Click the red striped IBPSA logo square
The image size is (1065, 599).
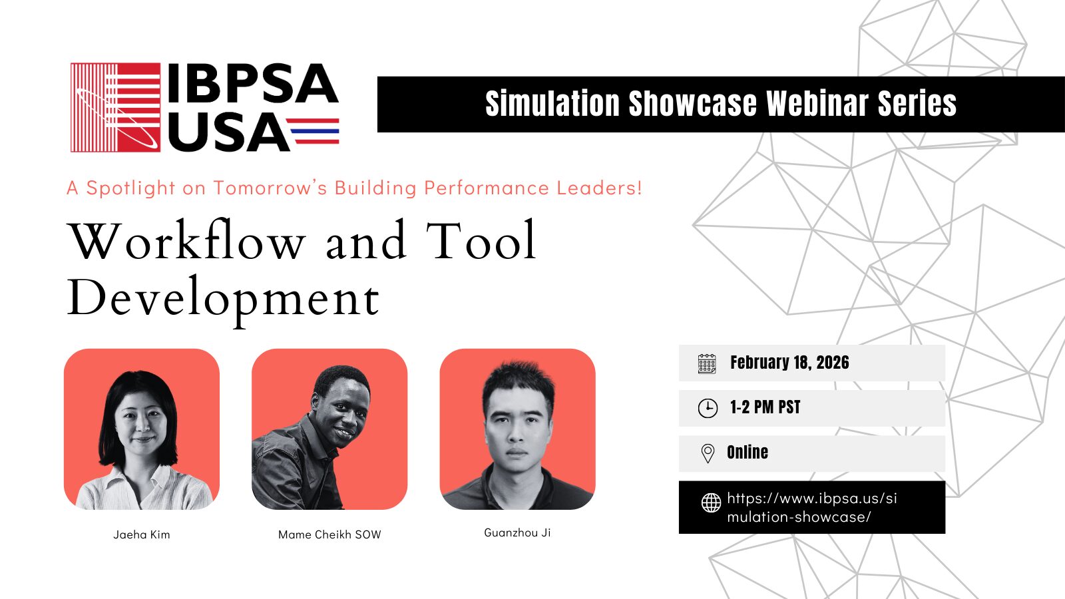(x=116, y=107)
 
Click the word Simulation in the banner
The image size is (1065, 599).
(x=552, y=103)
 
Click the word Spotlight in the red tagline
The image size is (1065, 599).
(x=130, y=188)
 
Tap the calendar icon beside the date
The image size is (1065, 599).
(x=707, y=363)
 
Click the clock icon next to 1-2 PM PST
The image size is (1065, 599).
(x=708, y=409)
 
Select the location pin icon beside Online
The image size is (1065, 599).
(x=708, y=453)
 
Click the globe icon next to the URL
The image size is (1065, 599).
(x=712, y=502)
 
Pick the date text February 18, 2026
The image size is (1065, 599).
(x=789, y=363)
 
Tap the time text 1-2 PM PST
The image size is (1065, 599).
(x=765, y=407)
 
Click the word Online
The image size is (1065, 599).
(x=747, y=452)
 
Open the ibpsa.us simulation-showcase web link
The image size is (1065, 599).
(x=812, y=507)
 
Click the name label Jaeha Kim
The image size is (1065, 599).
(x=142, y=535)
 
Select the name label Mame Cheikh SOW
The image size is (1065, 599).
(x=329, y=535)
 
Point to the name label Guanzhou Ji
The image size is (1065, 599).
(x=517, y=533)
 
